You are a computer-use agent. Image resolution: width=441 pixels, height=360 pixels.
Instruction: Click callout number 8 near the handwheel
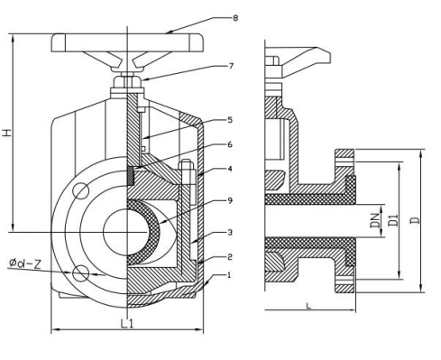[x=235, y=18]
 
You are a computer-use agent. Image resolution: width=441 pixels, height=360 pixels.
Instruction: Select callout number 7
[x=231, y=66]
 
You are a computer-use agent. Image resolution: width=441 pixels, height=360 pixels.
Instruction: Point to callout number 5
[x=230, y=120]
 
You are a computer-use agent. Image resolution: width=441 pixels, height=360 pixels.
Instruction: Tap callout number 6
[x=230, y=144]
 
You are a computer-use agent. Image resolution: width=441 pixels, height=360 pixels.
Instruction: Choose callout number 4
[x=230, y=169]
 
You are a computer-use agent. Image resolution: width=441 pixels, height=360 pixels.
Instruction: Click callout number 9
[x=230, y=200]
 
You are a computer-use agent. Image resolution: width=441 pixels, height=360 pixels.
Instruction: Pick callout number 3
[x=230, y=232]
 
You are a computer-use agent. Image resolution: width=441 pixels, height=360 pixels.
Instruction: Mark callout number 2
[x=230, y=257]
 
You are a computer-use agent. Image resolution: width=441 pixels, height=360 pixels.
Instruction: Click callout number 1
[x=229, y=275]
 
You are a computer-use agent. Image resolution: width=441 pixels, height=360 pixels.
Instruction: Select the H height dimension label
[x=6, y=133]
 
